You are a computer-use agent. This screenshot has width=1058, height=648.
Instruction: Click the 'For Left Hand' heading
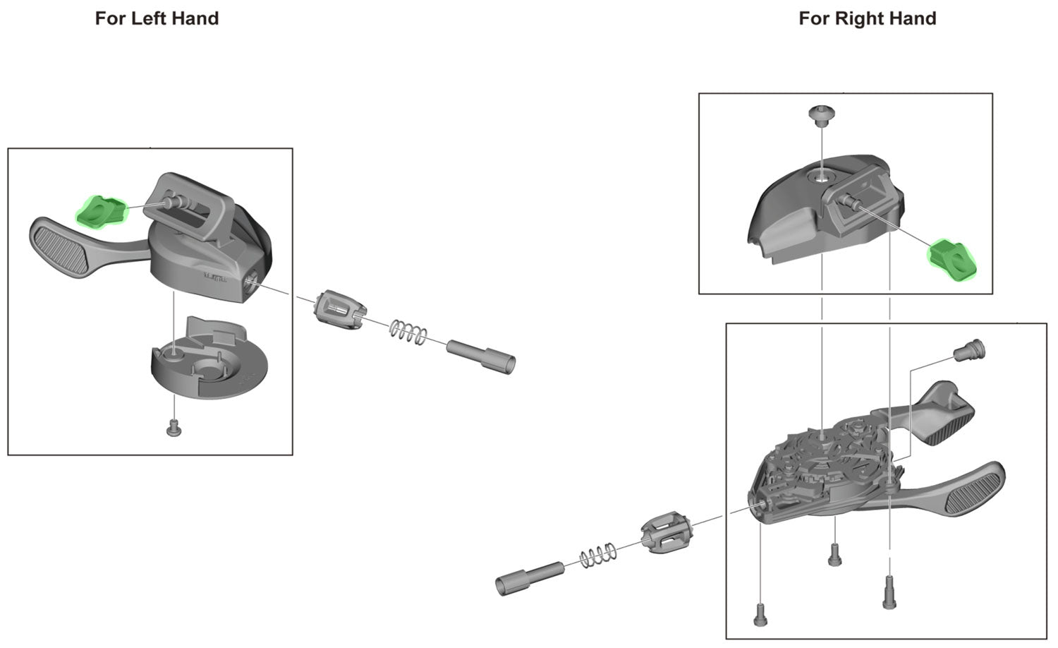[x=157, y=18]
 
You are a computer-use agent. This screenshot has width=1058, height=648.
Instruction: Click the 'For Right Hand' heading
[x=867, y=18]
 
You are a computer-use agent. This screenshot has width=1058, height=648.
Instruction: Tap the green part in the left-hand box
[x=99, y=212]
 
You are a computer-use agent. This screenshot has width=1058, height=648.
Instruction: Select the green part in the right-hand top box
[x=953, y=260]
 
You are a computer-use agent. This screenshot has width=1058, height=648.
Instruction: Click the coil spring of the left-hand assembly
[x=408, y=330]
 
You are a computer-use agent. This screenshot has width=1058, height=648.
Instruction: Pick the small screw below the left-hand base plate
[x=174, y=427]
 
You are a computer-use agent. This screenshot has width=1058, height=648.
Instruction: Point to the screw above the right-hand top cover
[x=821, y=114]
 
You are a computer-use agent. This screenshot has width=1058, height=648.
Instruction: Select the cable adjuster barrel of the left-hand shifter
[x=341, y=310]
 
